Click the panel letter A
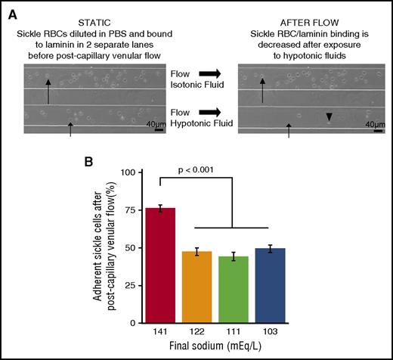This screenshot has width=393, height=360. click(x=10, y=8)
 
